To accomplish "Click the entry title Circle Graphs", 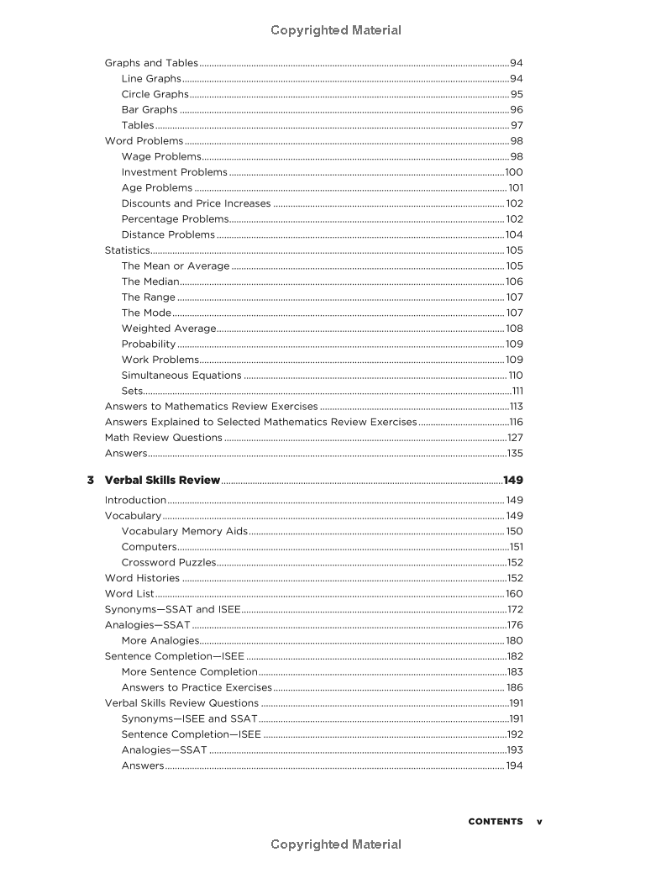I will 155,94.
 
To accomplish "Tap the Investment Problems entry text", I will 174,172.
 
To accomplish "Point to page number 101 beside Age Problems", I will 515,188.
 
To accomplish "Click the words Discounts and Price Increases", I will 196,203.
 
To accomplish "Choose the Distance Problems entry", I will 168,234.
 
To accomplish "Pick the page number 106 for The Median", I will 513,281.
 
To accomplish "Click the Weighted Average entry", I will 168,329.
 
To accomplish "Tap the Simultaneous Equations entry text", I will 181,376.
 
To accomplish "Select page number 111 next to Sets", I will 517,392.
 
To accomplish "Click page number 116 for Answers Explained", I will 515,422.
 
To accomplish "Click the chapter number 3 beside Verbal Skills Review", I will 90,481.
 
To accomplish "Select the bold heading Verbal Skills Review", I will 162,481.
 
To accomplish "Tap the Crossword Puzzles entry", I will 168,562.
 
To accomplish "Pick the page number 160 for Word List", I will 514,594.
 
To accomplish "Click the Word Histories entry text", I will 142,578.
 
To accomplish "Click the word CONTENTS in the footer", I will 495,822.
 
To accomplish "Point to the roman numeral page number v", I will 539,822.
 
